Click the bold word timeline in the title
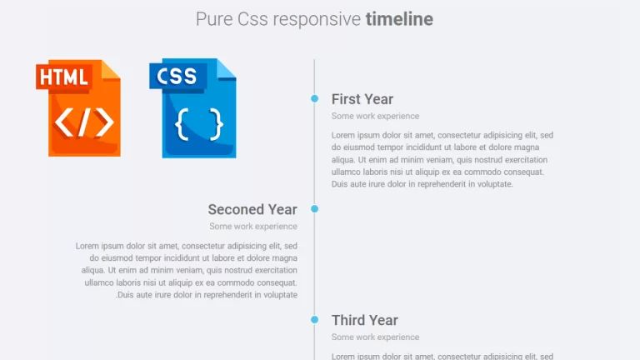click(399, 18)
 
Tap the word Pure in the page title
click(212, 18)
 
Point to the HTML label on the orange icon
click(64, 77)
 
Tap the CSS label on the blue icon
click(176, 77)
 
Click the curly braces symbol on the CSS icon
click(199, 123)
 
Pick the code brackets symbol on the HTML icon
click(84, 122)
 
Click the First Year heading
click(362, 99)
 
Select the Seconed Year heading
click(252, 209)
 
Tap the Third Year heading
click(364, 320)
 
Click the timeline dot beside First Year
click(314, 98)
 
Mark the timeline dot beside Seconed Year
click(314, 208)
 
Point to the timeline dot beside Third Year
click(314, 320)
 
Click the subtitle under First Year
click(375, 116)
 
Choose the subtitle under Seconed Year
click(253, 226)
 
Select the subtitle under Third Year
click(375, 337)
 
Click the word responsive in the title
click(317, 18)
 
